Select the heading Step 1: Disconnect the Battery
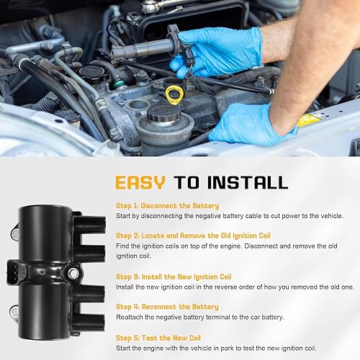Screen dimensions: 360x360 click(x=167, y=206)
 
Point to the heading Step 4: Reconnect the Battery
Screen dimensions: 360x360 click(x=167, y=307)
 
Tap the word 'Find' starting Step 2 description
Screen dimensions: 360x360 click(x=122, y=247)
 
